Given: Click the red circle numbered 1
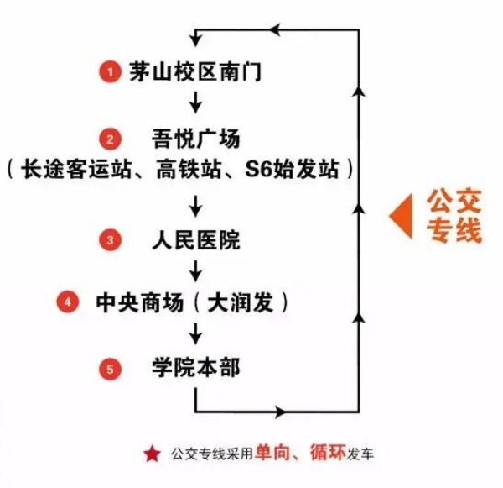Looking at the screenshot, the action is (110, 71).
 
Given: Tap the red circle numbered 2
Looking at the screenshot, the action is (110, 139).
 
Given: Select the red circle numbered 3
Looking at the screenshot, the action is (110, 240).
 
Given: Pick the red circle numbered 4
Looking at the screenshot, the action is (68, 302).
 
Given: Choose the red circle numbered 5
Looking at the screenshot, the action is (110, 369).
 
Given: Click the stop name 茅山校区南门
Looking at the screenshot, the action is (195, 71).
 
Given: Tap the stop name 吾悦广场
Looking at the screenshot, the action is (195, 139).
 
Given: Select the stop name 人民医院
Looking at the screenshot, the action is (195, 240).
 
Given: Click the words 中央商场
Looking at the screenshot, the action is (140, 302).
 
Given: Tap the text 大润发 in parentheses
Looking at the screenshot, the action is (241, 302).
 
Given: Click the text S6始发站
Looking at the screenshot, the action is (292, 170).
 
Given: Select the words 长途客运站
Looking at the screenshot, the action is (76, 170).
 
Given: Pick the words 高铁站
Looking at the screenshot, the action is (189, 170).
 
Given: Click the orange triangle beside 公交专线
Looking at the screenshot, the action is (401, 216).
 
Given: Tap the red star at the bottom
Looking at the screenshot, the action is (152, 454).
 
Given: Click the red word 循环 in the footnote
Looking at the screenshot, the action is (328, 453).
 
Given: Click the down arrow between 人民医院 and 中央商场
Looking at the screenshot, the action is (195, 271).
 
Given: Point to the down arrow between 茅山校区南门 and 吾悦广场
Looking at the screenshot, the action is (195, 102).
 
